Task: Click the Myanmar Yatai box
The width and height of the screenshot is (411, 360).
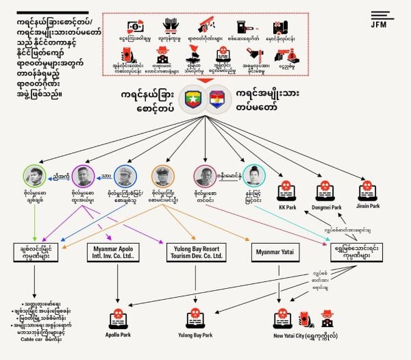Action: (x=275, y=253)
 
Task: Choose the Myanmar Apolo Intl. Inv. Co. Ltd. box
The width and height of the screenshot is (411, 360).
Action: (x=118, y=252)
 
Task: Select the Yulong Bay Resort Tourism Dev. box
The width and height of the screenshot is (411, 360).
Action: (x=195, y=252)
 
